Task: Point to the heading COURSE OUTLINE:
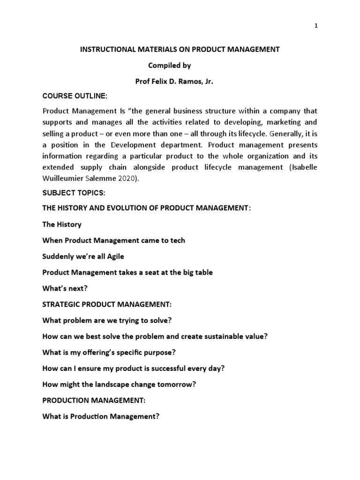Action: tap(75, 96)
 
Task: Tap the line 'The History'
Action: tap(61, 225)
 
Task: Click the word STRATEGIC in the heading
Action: tap(61, 304)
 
